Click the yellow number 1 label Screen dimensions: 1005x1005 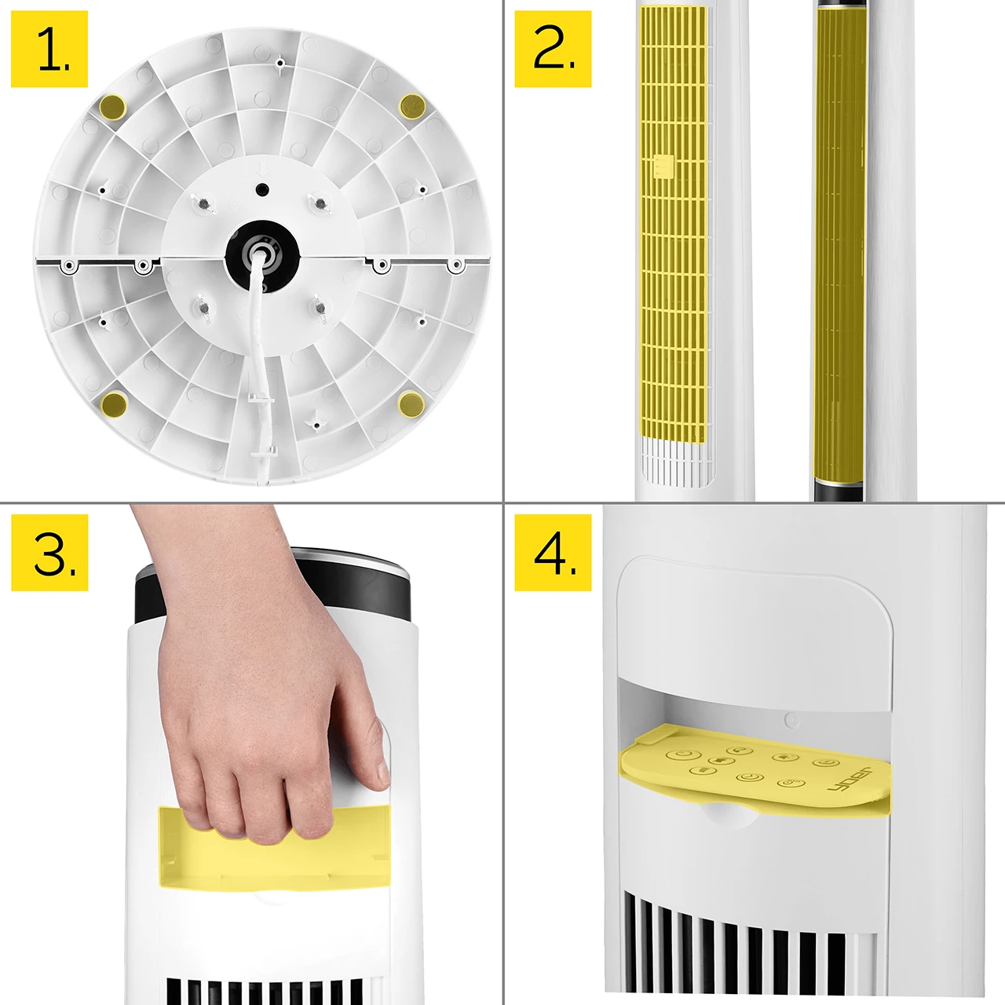coord(49,49)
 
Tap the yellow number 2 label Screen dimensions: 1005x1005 coord(553,49)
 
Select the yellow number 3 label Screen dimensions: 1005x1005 coord(49,553)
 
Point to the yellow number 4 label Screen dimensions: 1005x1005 coord(553,553)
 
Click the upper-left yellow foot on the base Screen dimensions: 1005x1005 coord(112,107)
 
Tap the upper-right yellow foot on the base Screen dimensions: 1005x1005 coord(412,106)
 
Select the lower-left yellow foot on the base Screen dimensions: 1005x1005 coord(114,404)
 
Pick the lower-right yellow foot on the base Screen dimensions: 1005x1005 coord(411,404)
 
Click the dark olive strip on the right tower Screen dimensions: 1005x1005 coord(840,245)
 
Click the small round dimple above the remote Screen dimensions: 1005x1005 coord(791,721)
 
